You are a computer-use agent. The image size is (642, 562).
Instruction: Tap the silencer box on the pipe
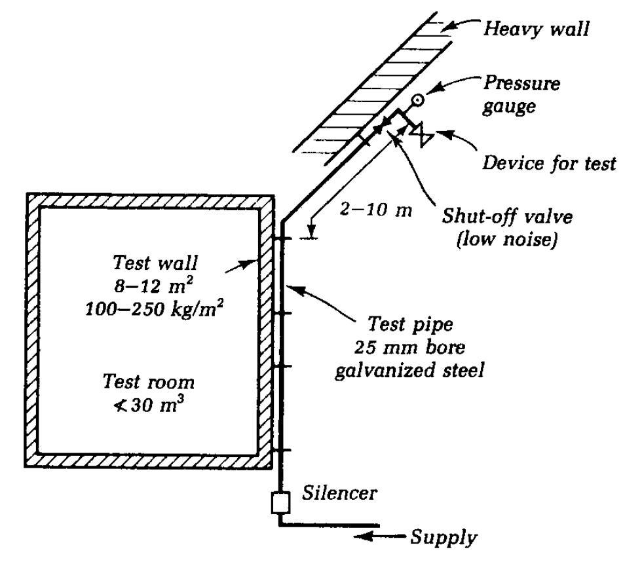point(280,503)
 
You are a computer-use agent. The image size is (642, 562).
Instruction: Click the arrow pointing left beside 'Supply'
point(381,537)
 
